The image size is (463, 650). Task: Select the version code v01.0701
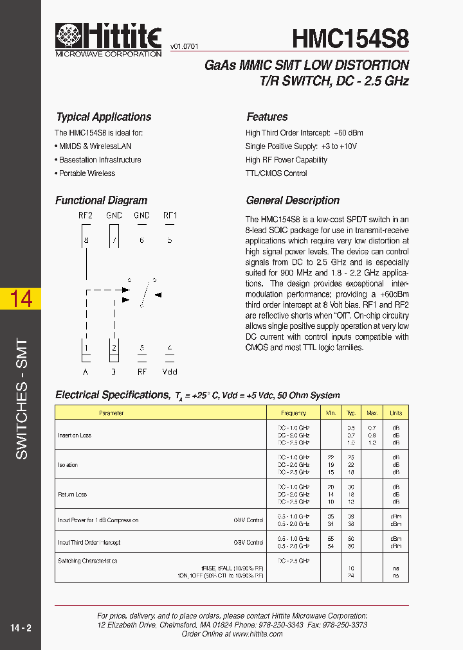pos(184,47)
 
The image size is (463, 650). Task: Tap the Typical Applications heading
pos(104,117)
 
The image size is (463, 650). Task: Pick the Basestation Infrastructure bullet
pos(98,160)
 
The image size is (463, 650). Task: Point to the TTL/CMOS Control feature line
pos(276,173)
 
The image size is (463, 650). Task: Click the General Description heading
pos(293,200)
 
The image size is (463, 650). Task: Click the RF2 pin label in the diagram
pos(86,216)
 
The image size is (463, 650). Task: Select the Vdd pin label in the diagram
pos(170,371)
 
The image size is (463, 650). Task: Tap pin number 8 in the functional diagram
pos(86,240)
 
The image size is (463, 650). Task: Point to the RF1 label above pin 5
pos(170,216)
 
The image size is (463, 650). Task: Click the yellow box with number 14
pos(21,299)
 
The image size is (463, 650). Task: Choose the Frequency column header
pos(293,413)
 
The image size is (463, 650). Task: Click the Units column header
pos(395,413)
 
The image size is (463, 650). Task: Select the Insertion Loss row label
pos(75,435)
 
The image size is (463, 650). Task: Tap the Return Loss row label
pos(72,495)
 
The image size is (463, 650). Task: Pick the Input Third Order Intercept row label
pos(89,543)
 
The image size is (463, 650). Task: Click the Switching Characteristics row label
pos(87,561)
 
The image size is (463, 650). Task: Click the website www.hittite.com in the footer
pos(257,634)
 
